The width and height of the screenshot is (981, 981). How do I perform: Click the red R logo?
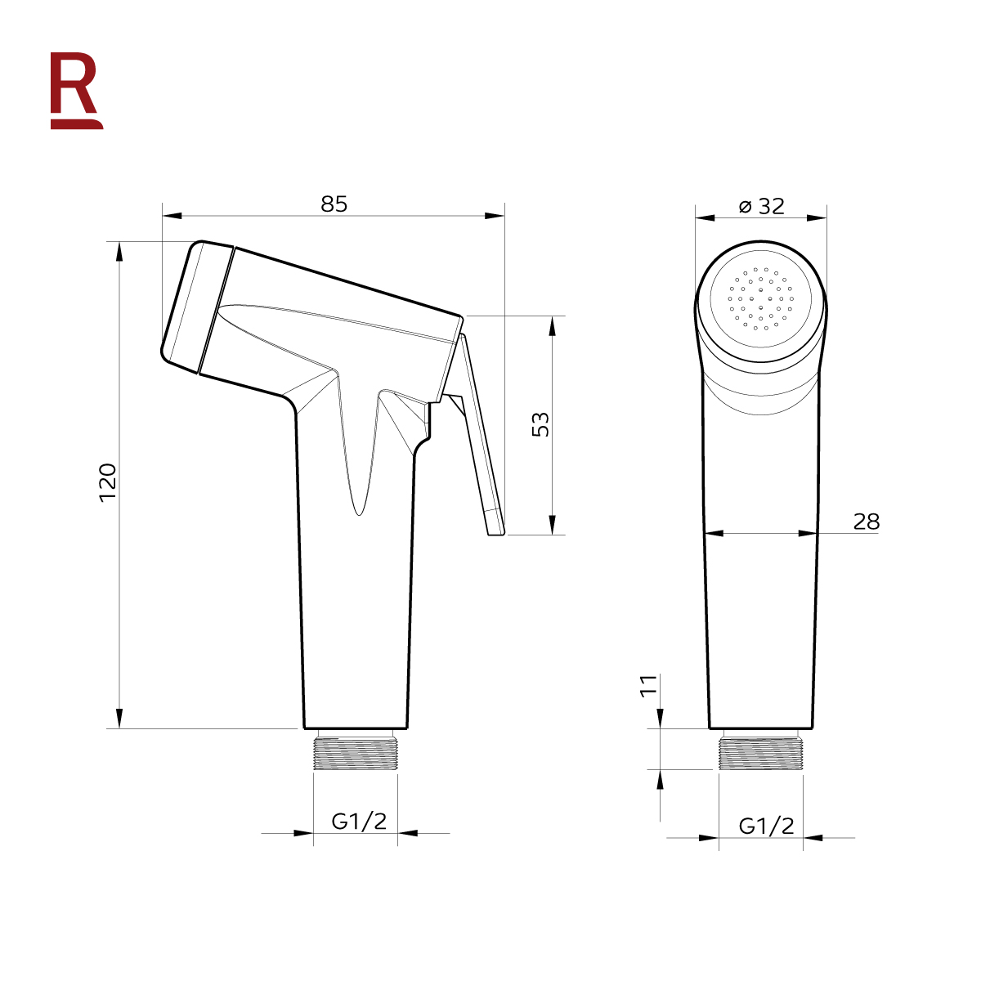click(x=76, y=91)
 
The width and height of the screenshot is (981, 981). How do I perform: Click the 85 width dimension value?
click(x=334, y=204)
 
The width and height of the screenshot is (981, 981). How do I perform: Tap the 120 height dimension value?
click(x=108, y=482)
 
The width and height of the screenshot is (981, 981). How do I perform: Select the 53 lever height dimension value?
click(x=540, y=424)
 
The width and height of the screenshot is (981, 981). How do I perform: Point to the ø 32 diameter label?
click(x=762, y=206)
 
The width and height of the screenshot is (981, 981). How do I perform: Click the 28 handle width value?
click(x=866, y=522)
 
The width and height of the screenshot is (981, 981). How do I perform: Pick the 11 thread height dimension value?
click(x=648, y=685)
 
